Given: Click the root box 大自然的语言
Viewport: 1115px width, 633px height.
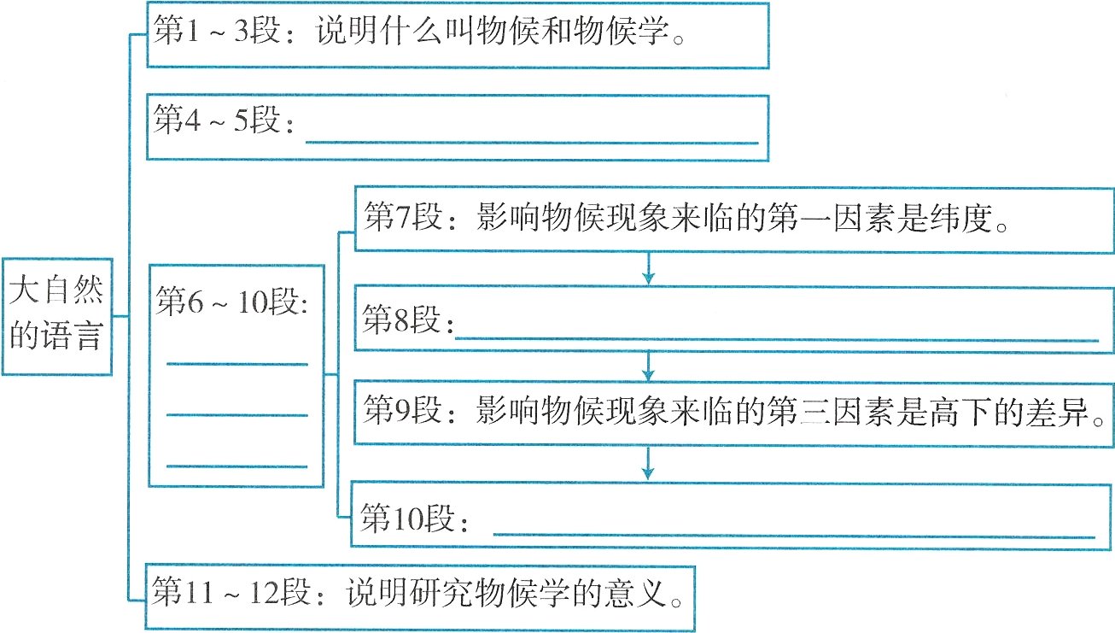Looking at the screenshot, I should point(56,315).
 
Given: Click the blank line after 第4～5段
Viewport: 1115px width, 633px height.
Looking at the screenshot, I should point(531,141).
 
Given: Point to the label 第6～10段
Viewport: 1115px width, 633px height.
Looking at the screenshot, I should point(231,302).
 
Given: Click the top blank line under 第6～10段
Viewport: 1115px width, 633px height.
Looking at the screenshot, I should point(236,365).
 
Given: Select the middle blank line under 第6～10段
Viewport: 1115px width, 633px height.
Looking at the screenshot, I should point(236,416).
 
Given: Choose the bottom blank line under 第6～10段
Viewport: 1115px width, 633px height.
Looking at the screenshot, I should point(236,466).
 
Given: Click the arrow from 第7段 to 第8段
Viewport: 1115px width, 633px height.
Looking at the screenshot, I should point(649,268).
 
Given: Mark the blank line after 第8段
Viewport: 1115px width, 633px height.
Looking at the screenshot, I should point(777,340).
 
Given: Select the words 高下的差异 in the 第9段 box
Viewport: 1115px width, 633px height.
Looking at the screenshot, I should point(1007,413).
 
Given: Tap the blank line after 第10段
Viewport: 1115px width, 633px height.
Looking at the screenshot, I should point(794,536).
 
